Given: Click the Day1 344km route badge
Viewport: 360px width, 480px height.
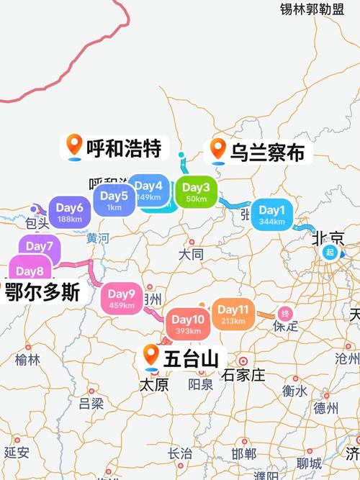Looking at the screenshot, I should coord(273,214).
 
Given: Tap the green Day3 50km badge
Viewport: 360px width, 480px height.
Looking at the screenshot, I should coord(196,192).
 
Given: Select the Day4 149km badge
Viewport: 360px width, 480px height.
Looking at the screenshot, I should coord(149,191).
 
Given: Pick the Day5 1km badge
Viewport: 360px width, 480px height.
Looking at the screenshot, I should coord(114,200).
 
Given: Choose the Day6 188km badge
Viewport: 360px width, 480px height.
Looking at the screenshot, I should coord(70,212).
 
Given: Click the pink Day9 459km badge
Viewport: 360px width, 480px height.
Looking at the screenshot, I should coord(122,298).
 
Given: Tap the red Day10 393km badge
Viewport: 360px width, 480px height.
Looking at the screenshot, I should coord(189,324).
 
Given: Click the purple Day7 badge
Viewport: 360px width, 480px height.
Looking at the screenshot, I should coord(40,248).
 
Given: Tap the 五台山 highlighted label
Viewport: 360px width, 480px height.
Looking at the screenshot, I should coord(184,356).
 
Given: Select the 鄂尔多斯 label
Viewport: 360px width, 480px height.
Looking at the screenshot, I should coord(41,293).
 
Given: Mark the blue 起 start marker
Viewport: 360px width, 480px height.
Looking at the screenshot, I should coord(330,252).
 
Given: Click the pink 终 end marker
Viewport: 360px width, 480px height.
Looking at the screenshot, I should coord(285,314).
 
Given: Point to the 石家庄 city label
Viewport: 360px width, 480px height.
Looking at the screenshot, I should coord(245,375).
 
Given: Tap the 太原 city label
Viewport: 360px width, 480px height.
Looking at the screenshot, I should coord(153,385).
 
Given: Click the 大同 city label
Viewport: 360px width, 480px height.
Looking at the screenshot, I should coord(192,254).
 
